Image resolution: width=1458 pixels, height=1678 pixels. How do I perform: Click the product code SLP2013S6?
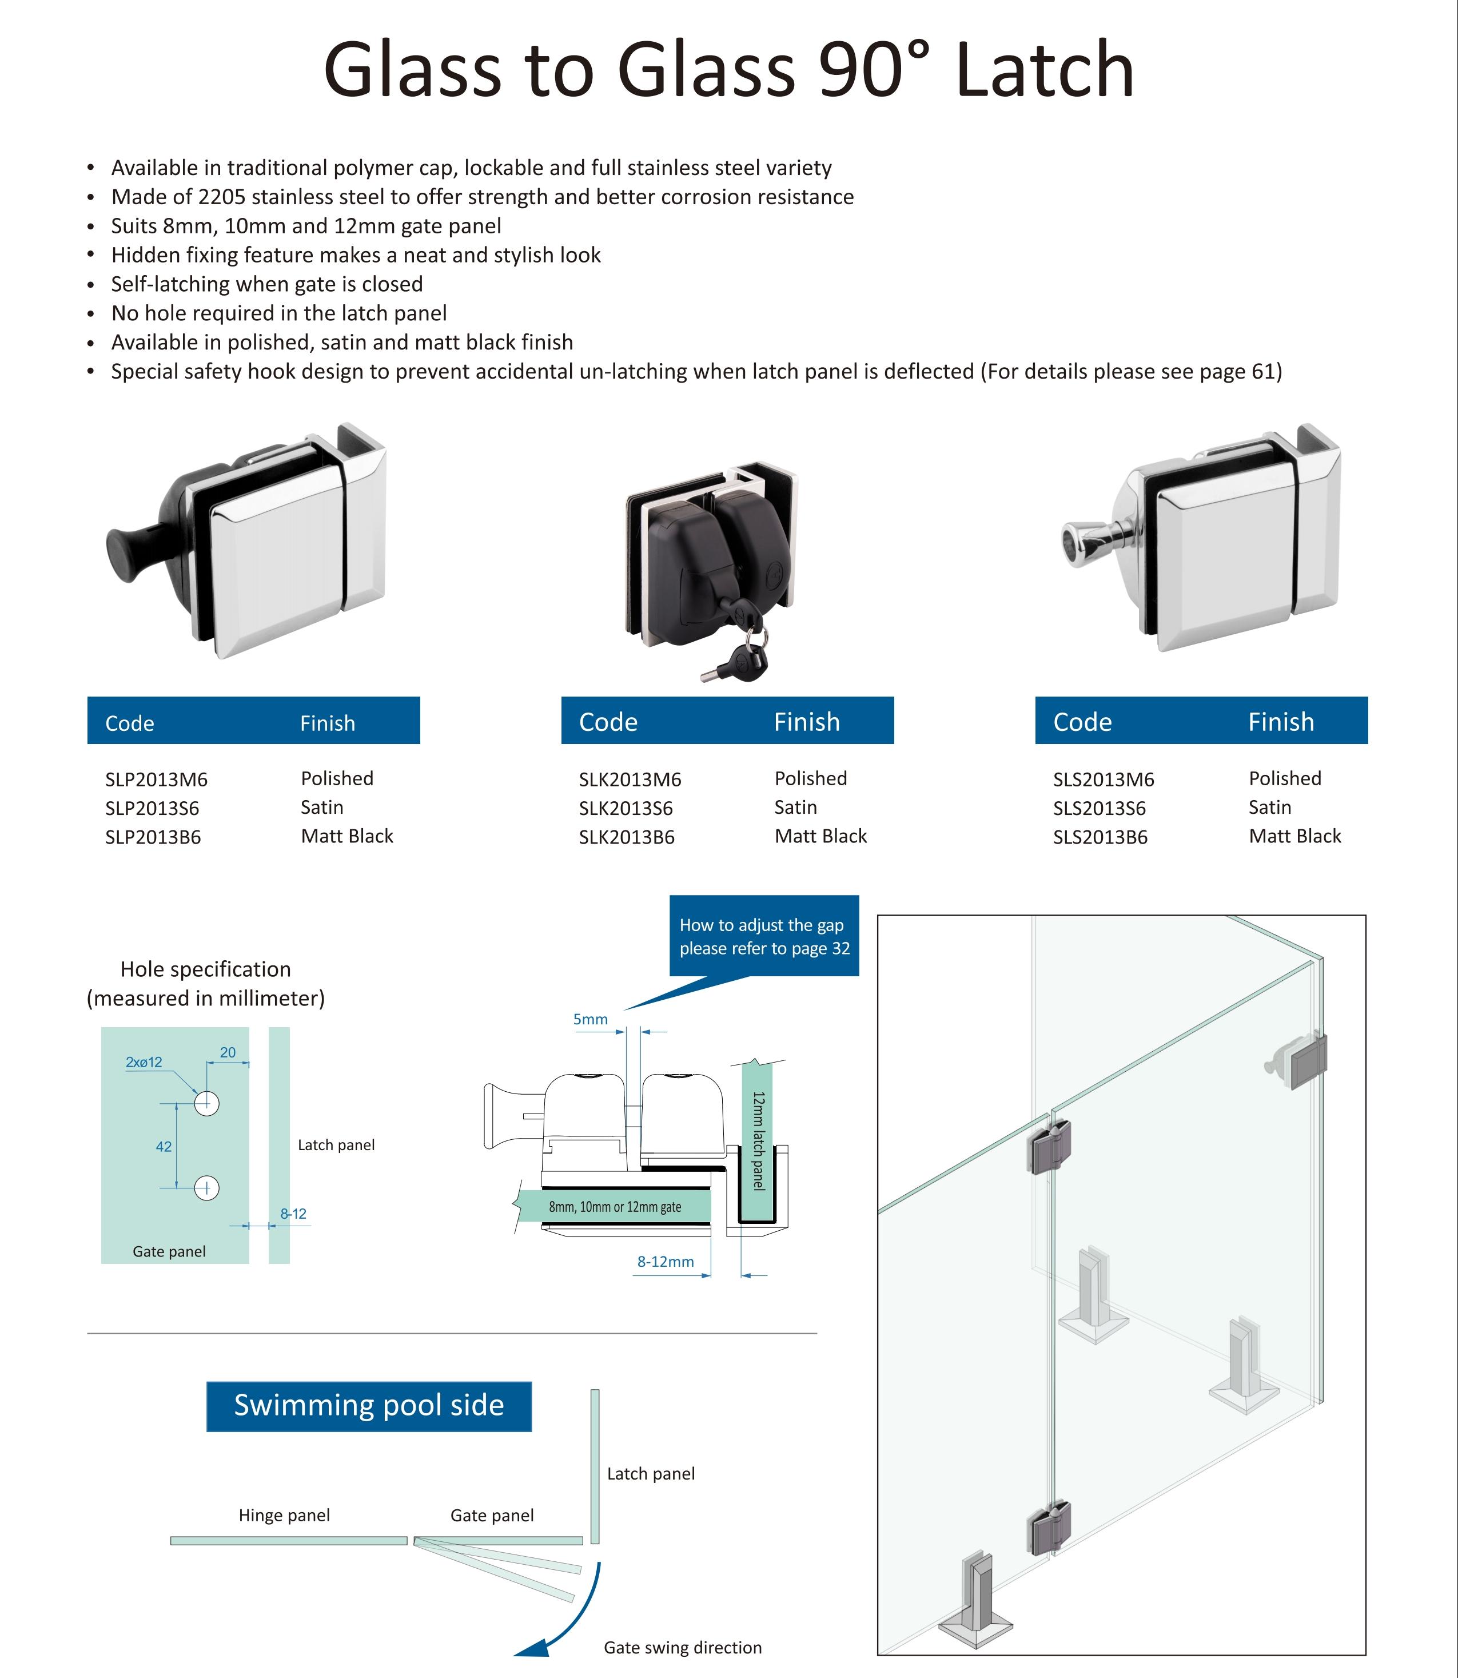pyautogui.click(x=152, y=808)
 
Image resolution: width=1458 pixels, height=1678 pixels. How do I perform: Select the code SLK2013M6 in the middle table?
pyautogui.click(x=630, y=779)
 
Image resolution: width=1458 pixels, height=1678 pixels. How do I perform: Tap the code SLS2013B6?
pyautogui.click(x=1100, y=837)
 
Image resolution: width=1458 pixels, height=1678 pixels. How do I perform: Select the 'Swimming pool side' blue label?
pyautogui.click(x=369, y=1405)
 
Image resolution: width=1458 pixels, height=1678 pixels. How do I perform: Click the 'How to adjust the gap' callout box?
pyautogui.click(x=764, y=936)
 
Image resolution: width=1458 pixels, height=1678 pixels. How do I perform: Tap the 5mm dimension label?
pyautogui.click(x=590, y=1019)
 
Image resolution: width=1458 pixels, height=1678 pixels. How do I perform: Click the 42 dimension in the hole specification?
pyautogui.click(x=164, y=1147)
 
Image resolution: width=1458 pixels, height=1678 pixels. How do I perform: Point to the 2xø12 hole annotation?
pyautogui.click(x=144, y=1062)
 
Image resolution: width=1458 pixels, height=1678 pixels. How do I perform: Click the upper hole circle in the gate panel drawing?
pyautogui.click(x=206, y=1103)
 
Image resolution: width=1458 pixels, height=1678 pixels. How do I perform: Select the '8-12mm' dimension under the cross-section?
pyautogui.click(x=666, y=1261)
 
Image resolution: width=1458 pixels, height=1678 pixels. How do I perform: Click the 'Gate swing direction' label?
pyautogui.click(x=683, y=1647)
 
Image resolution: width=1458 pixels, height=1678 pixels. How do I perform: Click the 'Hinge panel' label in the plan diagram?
pyautogui.click(x=284, y=1514)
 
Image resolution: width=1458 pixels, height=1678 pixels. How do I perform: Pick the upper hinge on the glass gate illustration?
pyautogui.click(x=1050, y=1147)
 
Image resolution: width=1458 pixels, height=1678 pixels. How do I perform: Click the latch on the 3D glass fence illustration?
pyautogui.click(x=1302, y=1060)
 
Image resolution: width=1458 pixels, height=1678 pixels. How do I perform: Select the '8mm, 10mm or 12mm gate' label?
pyautogui.click(x=615, y=1206)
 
